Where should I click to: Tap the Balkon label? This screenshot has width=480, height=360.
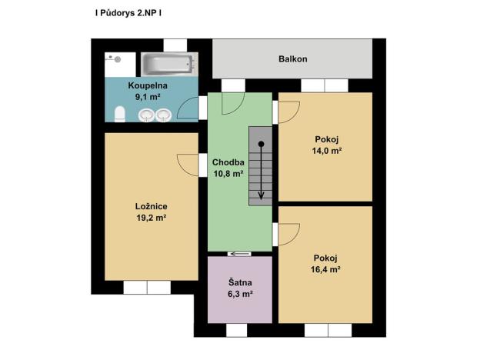(x=292, y=59)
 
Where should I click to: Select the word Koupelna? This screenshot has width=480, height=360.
(x=148, y=85)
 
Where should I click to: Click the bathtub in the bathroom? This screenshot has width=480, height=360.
(x=169, y=62)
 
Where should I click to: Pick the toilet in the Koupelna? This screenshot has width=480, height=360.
(x=118, y=115)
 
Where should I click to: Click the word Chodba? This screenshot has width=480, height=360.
(x=228, y=162)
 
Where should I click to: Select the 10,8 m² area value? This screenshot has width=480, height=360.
(x=228, y=174)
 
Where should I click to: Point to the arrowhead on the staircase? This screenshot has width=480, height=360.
(x=262, y=195)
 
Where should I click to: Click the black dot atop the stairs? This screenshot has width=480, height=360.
(x=262, y=144)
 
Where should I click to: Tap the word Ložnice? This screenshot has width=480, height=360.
(x=152, y=206)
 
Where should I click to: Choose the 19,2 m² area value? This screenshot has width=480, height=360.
(x=152, y=218)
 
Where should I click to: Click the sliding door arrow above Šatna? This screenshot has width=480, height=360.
(x=239, y=253)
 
